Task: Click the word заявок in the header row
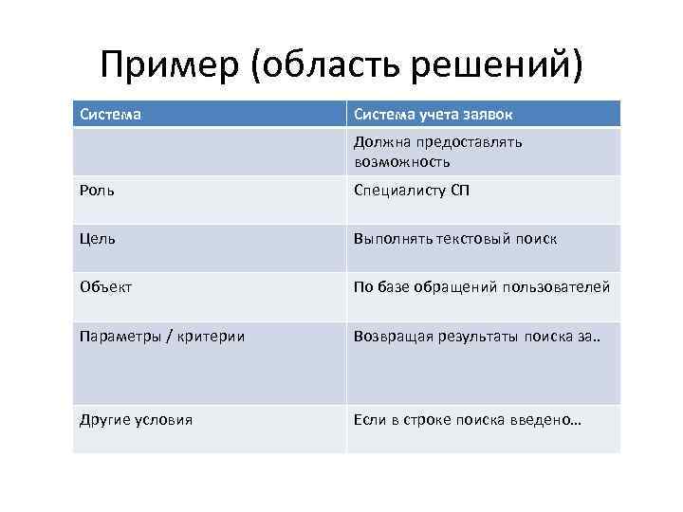[489, 115]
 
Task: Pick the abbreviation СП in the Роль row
[459, 191]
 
